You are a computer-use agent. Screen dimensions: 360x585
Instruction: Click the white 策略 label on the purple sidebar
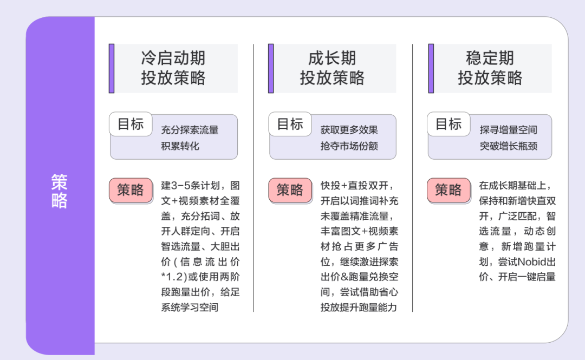tap(60, 191)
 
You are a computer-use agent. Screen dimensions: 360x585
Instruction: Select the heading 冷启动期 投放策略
tap(173, 68)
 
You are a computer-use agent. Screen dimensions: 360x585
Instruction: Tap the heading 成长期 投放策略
tap(332, 68)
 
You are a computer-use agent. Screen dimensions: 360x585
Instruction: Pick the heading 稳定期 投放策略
tap(490, 68)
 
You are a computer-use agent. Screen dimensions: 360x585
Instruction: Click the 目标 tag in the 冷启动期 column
tap(131, 124)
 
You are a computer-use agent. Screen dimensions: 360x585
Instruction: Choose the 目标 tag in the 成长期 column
tap(290, 124)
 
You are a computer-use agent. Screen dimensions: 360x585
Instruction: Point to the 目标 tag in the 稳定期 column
tap(448, 124)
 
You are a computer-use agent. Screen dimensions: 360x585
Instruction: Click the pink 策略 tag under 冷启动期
tap(131, 190)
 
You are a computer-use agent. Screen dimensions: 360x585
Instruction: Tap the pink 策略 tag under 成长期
tap(290, 190)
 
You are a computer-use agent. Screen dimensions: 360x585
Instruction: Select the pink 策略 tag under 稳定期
tap(448, 190)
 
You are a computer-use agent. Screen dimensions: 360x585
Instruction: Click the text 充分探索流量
tap(190, 130)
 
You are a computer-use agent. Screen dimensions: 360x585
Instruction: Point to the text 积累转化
tap(180, 146)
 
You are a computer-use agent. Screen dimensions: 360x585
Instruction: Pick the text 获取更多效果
tap(349, 130)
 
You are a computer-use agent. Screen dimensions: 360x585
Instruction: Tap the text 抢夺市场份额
tap(349, 146)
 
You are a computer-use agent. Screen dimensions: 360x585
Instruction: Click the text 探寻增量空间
tap(508, 130)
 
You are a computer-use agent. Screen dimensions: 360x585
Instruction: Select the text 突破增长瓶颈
tap(508, 146)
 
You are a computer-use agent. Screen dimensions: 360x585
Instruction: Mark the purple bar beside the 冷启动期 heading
tap(112, 68)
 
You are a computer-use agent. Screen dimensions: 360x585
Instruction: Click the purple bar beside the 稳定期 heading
tap(431, 68)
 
